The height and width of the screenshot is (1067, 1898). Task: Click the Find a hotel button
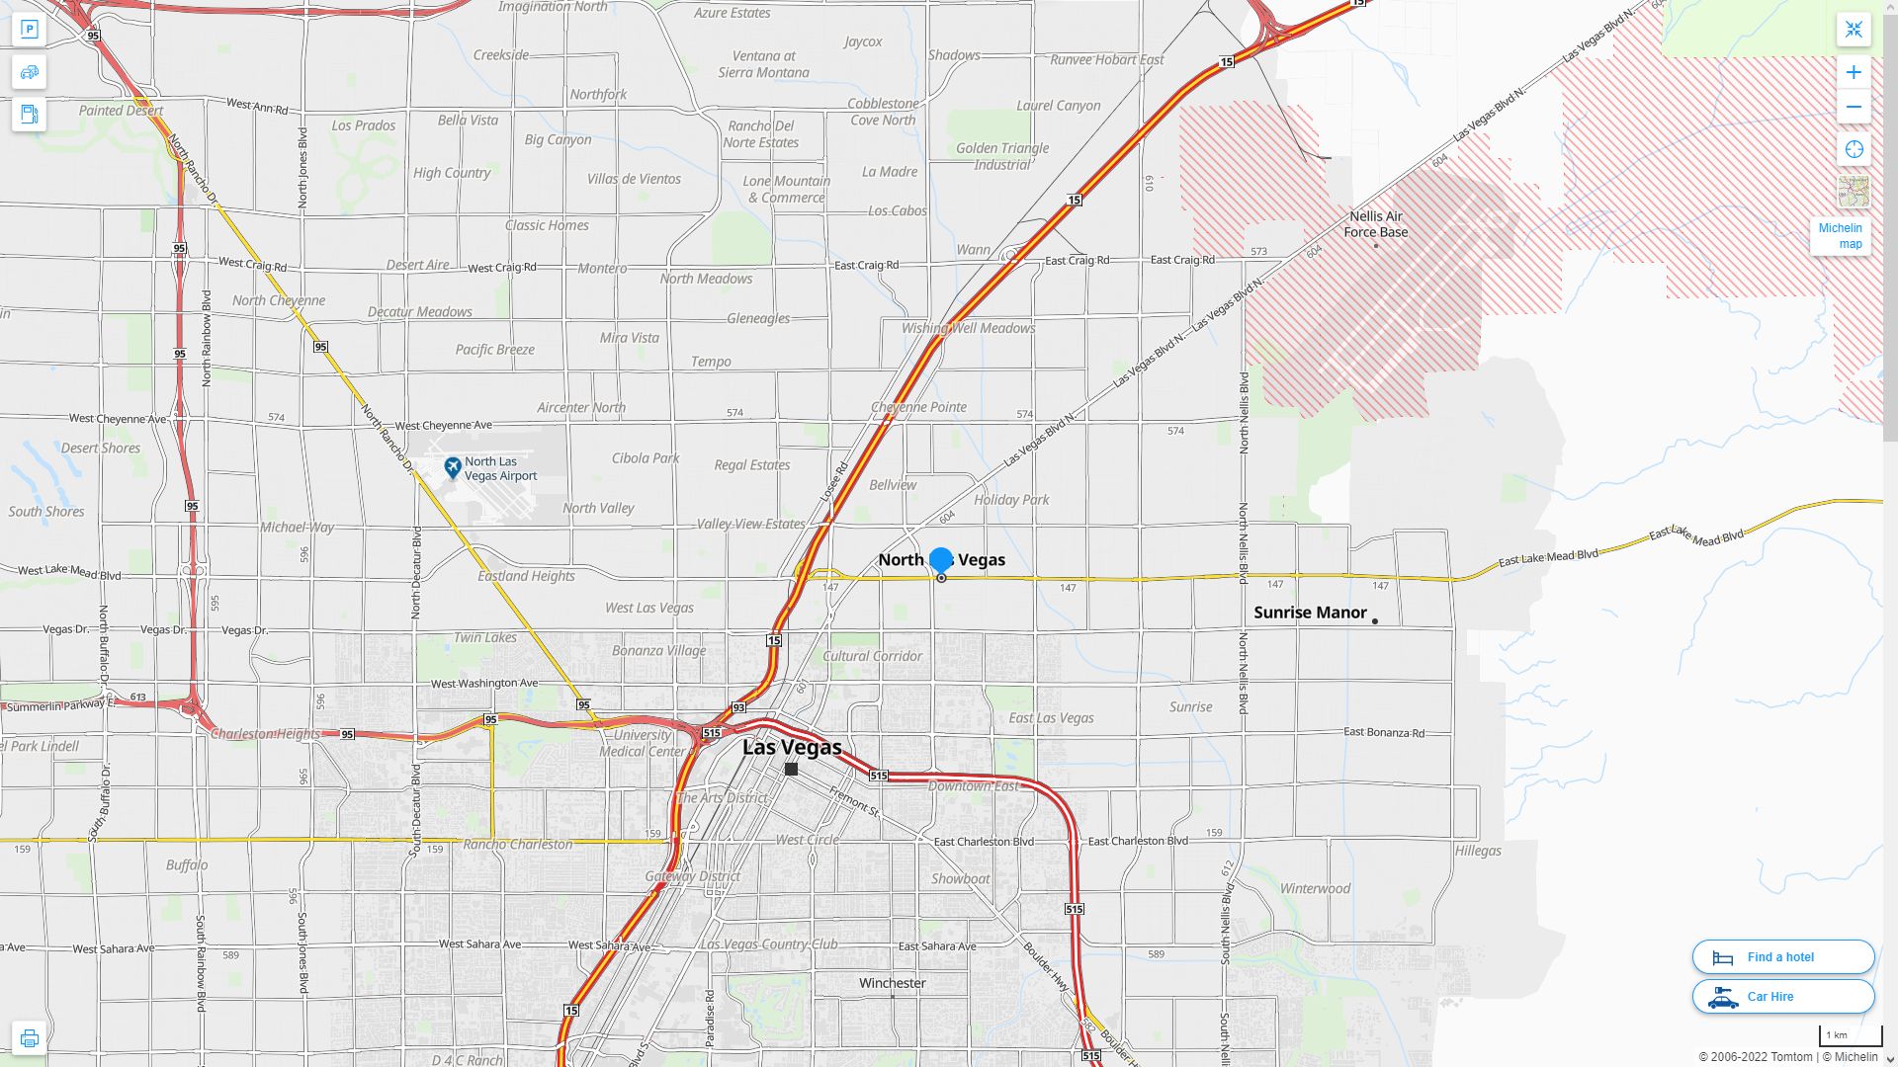click(x=1782, y=957)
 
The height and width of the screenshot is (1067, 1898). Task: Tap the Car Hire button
click(x=1782, y=997)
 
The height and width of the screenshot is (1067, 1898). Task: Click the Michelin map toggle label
click(x=1840, y=236)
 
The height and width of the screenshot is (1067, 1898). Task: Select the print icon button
click(x=29, y=1038)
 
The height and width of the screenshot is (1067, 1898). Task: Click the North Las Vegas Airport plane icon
click(x=453, y=467)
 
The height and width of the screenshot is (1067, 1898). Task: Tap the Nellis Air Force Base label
click(x=1375, y=224)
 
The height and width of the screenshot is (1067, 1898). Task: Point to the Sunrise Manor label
click(x=1310, y=613)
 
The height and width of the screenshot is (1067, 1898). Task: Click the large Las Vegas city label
click(x=792, y=747)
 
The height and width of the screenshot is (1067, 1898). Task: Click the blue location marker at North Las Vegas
click(x=941, y=560)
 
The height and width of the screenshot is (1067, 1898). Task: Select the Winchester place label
click(x=892, y=983)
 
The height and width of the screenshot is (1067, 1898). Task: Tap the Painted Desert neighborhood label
click(x=121, y=111)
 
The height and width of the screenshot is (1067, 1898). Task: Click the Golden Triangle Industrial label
click(x=1001, y=156)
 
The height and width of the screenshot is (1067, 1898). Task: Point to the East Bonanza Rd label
click(x=1384, y=732)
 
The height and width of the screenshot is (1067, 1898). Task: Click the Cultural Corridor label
click(x=872, y=656)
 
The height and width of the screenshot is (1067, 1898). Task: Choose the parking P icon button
click(x=29, y=30)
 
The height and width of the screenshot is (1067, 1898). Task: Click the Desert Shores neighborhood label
click(x=101, y=448)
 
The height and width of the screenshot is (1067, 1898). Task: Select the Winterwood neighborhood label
click(x=1315, y=888)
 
